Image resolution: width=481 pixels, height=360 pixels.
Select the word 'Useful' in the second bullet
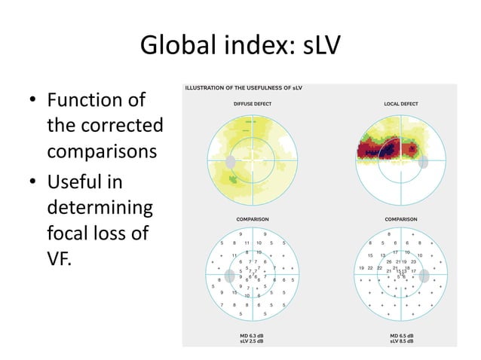pyautogui.click(x=78, y=183)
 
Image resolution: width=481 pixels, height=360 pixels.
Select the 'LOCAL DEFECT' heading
pyautogui.click(x=400, y=104)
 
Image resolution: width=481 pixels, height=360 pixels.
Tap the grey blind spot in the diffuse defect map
pyautogui.click(x=231, y=161)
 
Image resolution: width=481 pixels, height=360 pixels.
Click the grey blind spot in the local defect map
pyautogui.click(x=424, y=160)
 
